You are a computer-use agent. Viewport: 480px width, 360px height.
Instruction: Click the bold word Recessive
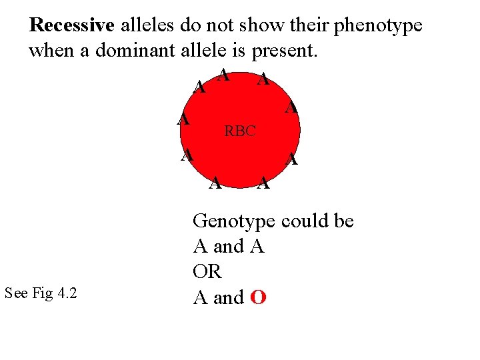(x=73, y=26)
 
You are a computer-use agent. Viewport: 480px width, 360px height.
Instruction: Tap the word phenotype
(x=378, y=26)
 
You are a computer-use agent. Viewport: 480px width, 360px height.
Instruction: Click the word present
(x=284, y=51)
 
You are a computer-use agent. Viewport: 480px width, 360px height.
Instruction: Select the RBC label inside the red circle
(x=240, y=131)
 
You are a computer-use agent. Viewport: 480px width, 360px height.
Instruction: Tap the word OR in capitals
(x=207, y=272)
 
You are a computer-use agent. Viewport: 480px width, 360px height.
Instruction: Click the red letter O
(x=259, y=297)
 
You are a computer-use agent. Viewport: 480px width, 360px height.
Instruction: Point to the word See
(x=16, y=293)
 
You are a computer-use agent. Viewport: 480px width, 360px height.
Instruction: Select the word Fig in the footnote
(x=41, y=293)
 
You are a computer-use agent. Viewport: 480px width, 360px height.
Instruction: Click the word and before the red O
(x=229, y=297)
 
